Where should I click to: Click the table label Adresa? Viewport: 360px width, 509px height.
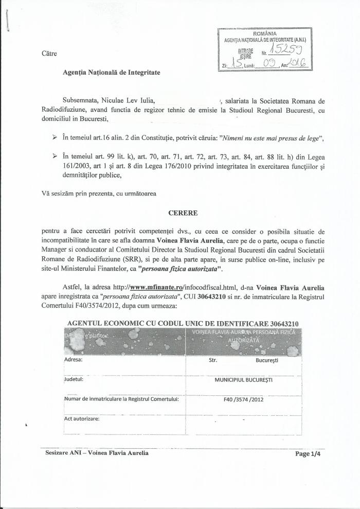(x=74, y=360)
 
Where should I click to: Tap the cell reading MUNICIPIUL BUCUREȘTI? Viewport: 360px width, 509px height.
(x=244, y=380)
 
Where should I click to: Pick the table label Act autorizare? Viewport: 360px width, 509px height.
(x=82, y=418)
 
